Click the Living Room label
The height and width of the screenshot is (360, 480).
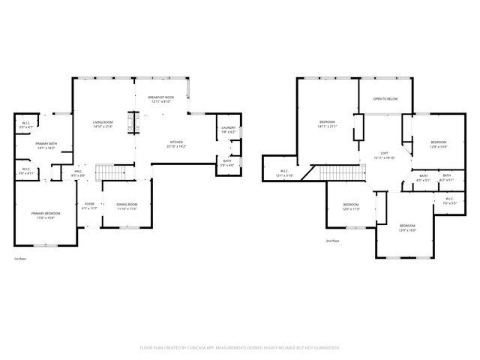(x=103, y=124)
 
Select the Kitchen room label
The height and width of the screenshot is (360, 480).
(x=176, y=144)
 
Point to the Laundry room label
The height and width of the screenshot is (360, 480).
(x=229, y=129)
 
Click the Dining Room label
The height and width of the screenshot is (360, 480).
(x=127, y=206)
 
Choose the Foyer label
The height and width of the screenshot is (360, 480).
(x=89, y=205)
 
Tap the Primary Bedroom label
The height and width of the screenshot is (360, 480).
(x=46, y=215)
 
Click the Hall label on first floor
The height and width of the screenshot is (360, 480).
(x=78, y=172)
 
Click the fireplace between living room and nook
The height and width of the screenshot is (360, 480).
(x=135, y=122)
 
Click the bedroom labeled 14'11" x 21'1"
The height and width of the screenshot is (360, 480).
(x=328, y=124)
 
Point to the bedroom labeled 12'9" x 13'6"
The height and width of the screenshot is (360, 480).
(x=438, y=144)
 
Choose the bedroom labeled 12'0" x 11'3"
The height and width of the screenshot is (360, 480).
(x=351, y=206)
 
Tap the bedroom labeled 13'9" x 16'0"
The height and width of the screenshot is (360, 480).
(x=407, y=227)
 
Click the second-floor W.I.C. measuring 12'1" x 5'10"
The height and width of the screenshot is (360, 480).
(x=285, y=173)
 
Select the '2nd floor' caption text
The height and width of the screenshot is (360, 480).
(x=333, y=241)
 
